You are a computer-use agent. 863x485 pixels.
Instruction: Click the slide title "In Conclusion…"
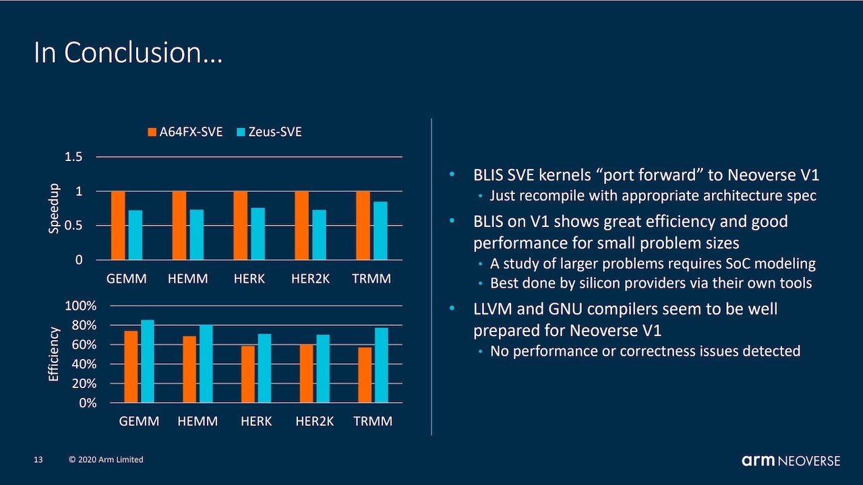(x=128, y=53)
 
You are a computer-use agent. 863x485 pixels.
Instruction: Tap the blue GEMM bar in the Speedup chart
(x=136, y=235)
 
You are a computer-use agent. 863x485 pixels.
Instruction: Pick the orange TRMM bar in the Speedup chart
(x=363, y=226)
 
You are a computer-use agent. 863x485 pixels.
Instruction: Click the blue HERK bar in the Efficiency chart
(x=264, y=368)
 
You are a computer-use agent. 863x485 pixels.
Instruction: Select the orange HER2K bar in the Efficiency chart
(x=307, y=373)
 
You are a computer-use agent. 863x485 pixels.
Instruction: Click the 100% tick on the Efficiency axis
(x=80, y=306)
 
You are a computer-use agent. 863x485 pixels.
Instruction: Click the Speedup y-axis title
(x=55, y=209)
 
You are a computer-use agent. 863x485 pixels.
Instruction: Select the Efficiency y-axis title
(x=55, y=354)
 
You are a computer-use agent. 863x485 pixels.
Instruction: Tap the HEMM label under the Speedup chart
(x=187, y=279)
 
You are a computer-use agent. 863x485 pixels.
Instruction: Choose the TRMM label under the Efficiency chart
(x=372, y=422)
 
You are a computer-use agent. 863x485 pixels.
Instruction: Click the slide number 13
(x=38, y=460)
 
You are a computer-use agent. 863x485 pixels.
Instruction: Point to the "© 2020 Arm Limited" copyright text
(x=106, y=460)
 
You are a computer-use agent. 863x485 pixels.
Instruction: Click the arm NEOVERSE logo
(x=791, y=461)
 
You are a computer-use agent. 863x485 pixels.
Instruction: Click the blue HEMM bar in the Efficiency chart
(x=206, y=364)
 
